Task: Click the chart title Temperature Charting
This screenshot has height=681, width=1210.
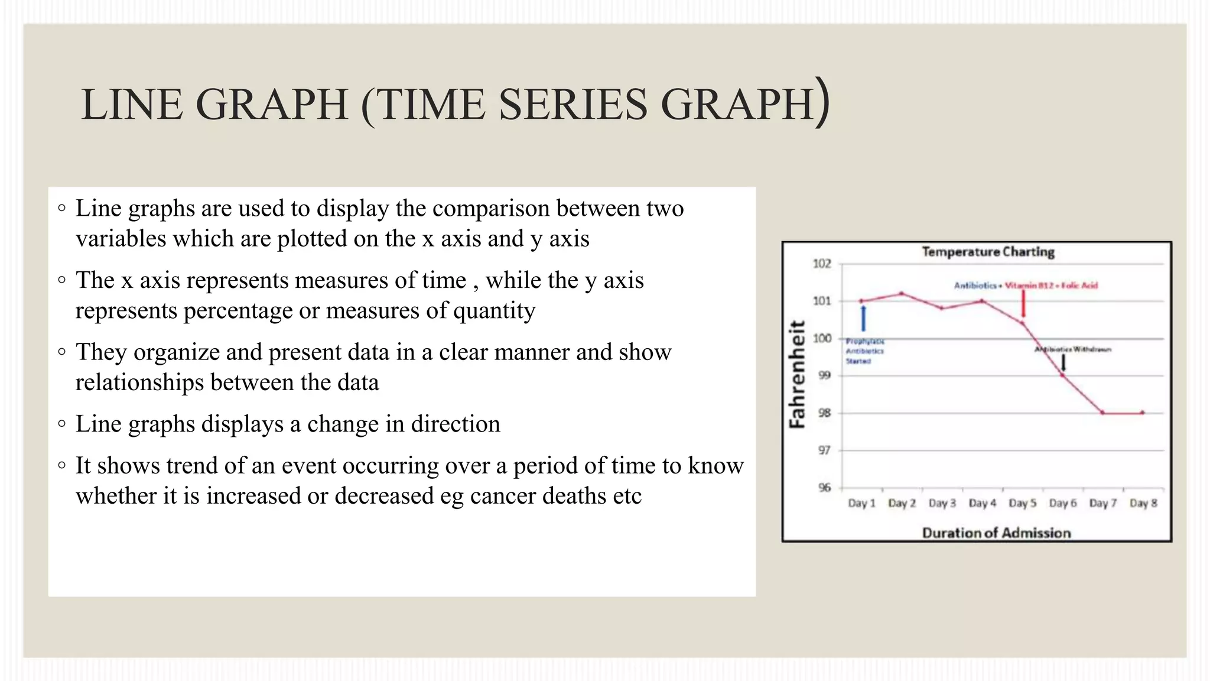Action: pos(988,252)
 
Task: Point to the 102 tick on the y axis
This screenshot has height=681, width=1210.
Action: pos(822,264)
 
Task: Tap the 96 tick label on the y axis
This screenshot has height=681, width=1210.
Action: pos(824,488)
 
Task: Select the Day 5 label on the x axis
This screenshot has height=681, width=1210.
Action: pos(1022,503)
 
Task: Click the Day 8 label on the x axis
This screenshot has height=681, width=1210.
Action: pos(1143,503)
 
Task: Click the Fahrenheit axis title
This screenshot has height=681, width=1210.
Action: pos(798,374)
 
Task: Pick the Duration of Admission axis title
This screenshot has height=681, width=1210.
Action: pos(996,533)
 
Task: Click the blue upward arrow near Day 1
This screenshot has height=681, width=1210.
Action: pos(863,318)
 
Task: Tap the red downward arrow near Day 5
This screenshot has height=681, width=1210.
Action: pos(1023,304)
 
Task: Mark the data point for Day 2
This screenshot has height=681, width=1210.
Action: pos(902,293)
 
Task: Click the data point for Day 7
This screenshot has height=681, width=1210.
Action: pos(1102,413)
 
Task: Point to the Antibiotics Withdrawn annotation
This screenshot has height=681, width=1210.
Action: pos(1073,349)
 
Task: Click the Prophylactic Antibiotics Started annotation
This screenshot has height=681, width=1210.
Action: pos(864,351)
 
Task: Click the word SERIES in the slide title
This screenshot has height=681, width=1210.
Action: pos(573,105)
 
